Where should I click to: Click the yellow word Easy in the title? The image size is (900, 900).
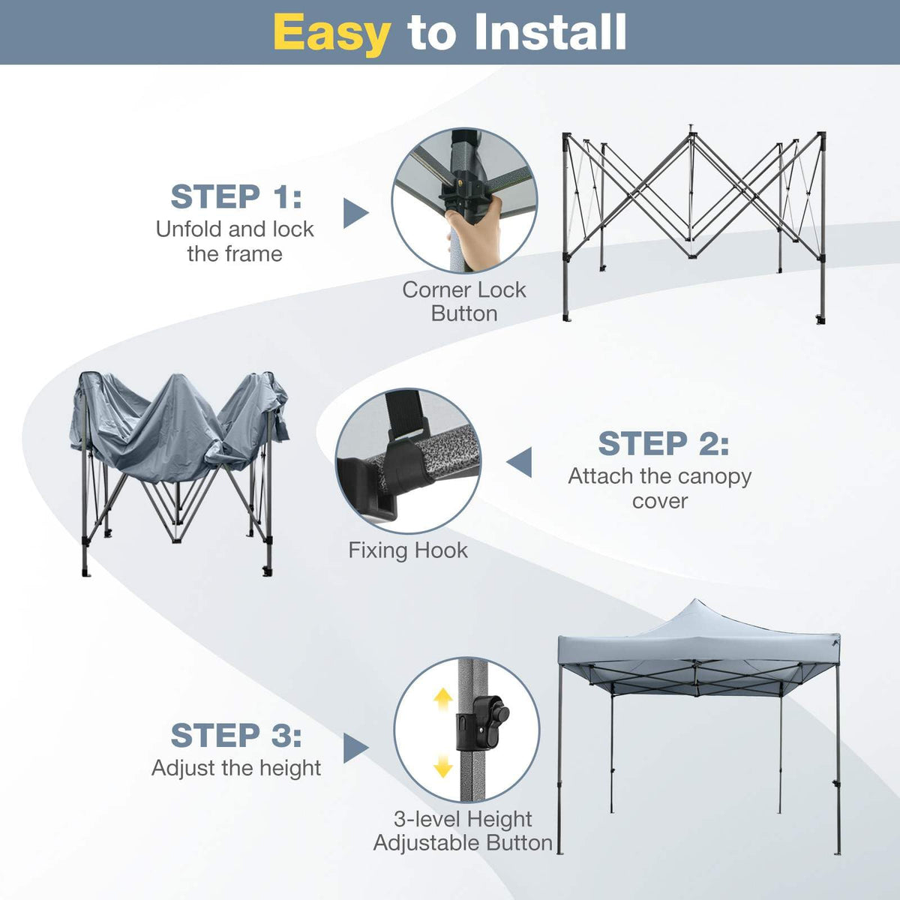331,33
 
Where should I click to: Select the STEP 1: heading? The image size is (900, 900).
236,197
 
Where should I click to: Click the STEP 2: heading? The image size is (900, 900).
663,443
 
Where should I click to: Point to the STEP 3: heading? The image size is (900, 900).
236,735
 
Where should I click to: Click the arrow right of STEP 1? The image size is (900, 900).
355,213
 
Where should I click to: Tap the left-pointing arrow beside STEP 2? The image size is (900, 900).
520,462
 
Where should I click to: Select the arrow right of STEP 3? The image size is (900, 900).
355,748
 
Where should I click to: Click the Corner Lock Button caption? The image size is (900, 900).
463,301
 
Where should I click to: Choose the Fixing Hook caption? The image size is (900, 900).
407,550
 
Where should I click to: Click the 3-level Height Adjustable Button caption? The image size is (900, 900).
463,831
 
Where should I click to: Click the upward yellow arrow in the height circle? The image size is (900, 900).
443,699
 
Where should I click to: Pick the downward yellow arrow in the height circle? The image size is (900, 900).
443,766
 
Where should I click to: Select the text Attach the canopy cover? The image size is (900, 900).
659,488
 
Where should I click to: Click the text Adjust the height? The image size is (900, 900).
236,768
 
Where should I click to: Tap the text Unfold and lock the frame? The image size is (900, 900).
235,241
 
